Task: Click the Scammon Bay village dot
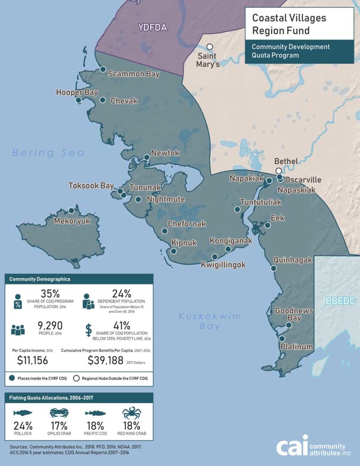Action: tap(103, 70)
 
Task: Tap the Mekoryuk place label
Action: tap(72, 222)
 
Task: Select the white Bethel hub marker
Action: tap(279, 171)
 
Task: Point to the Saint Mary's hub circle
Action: tap(209, 47)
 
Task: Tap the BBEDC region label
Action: tap(340, 301)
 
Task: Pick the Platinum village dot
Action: tap(282, 339)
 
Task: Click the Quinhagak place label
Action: tap(293, 260)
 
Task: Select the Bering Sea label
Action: tap(49, 153)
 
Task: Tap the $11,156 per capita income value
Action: tap(32, 361)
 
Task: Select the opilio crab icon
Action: tap(59, 413)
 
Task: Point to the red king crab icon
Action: tap(132, 413)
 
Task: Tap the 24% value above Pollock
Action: tap(22, 426)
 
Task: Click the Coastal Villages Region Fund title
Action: tap(289, 25)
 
